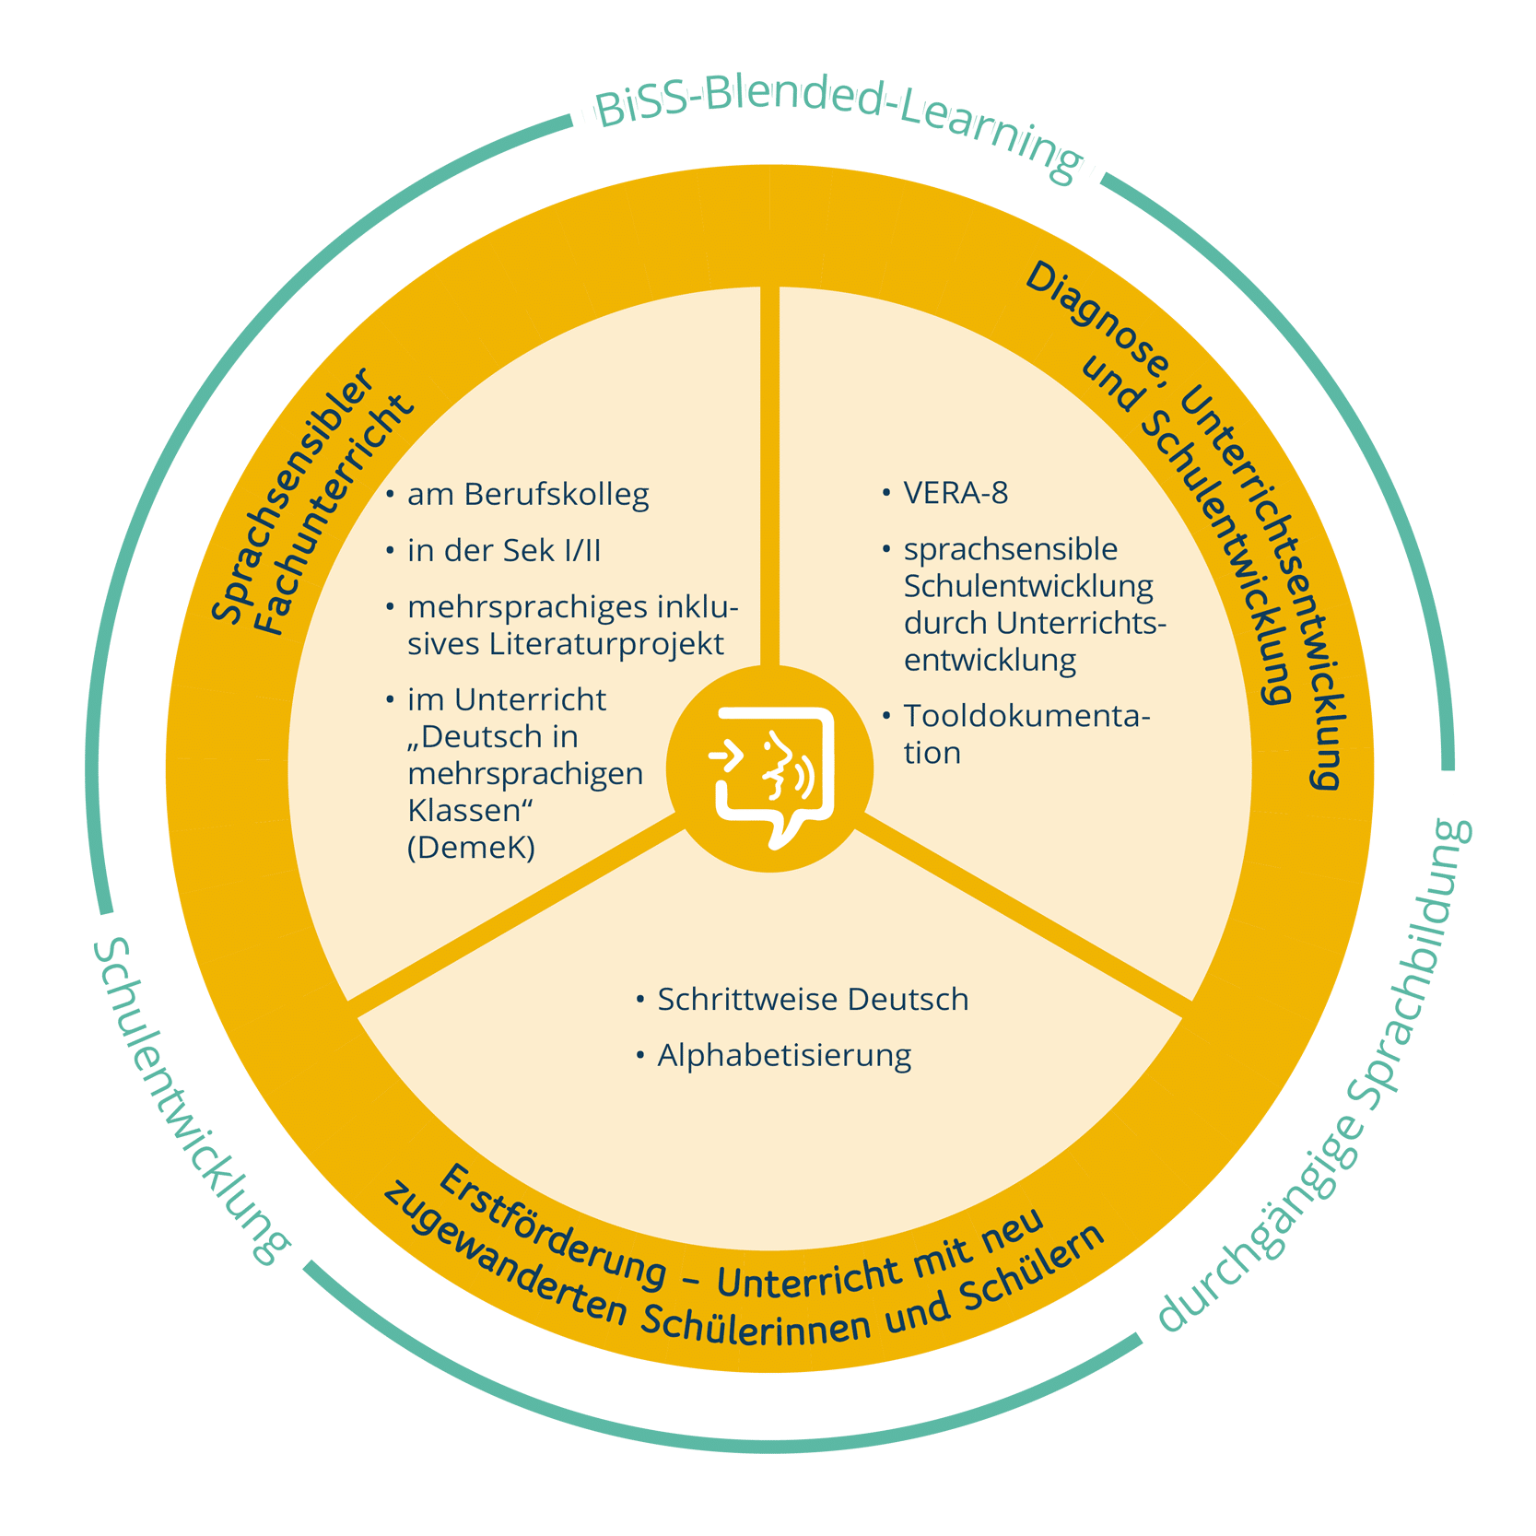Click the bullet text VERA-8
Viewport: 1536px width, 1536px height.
coord(956,494)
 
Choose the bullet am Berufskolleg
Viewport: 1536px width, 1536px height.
coord(527,495)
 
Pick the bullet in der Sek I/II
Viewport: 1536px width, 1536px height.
coord(503,551)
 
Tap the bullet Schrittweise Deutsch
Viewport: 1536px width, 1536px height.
coord(812,1000)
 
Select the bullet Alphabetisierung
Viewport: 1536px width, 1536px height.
coord(783,1055)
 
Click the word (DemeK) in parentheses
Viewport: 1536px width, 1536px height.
coord(471,847)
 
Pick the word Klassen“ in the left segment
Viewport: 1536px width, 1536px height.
coord(471,811)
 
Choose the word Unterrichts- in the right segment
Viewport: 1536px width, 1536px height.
coord(1081,624)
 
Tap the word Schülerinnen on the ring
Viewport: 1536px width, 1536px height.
coord(756,1326)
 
